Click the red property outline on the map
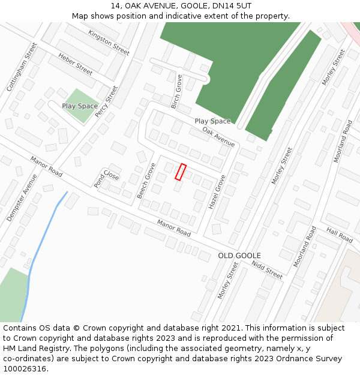pos(180,172)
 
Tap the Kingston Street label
pos(109,42)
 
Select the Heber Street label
pos(76,64)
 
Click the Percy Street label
pos(107,104)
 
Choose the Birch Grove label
pos(176,91)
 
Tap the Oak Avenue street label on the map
pos(218,137)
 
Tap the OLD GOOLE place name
pos(239,256)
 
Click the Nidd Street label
pos(267,269)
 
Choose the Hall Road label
pos(340,235)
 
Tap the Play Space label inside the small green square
pos(80,106)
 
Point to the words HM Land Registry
pos(33,349)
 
